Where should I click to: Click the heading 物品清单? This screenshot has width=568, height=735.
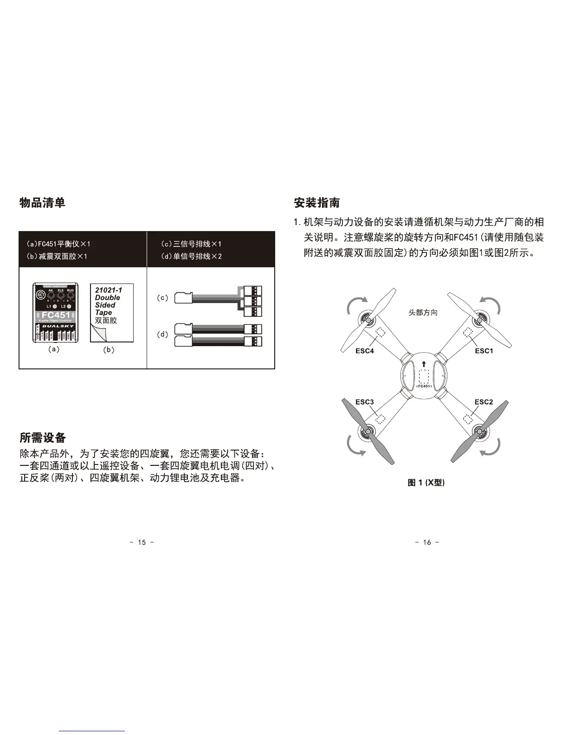[x=42, y=202]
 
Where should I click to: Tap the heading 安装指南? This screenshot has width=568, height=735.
[x=317, y=203]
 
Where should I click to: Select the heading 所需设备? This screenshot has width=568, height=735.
[x=42, y=438]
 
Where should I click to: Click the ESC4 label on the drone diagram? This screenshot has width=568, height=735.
[x=364, y=351]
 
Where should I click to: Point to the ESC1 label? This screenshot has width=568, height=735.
[x=484, y=351]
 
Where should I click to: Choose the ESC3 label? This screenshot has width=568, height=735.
[x=364, y=402]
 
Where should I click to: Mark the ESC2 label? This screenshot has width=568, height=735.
[x=484, y=402]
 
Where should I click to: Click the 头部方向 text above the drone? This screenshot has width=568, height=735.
[x=423, y=313]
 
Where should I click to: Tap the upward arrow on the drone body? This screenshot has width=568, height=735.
[x=424, y=364]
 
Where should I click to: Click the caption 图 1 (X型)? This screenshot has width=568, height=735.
[x=426, y=483]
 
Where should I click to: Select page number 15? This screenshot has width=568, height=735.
[x=142, y=542]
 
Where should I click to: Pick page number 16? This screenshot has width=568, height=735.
[x=427, y=542]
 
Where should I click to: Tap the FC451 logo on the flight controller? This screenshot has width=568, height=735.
[x=55, y=316]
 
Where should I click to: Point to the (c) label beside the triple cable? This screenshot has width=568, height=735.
[x=163, y=298]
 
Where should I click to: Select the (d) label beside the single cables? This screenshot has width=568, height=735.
[x=163, y=334]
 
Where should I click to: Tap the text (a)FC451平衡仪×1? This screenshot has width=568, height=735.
[x=58, y=244]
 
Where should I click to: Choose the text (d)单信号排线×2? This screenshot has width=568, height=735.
[x=191, y=256]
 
